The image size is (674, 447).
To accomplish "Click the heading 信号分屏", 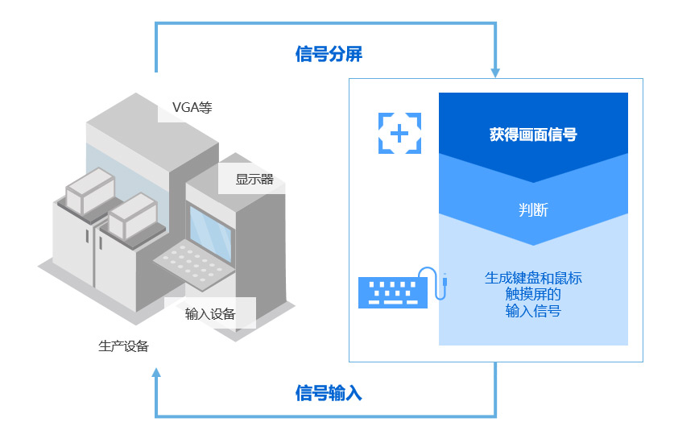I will (x=329, y=55).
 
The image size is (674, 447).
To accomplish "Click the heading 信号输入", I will (x=329, y=394).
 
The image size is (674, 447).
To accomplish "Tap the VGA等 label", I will (x=192, y=107).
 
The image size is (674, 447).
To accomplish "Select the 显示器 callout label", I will (x=254, y=179).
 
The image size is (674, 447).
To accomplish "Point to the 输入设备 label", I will (x=210, y=314).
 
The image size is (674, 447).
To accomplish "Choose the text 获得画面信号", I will (x=532, y=135).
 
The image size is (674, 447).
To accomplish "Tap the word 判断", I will (x=532, y=210).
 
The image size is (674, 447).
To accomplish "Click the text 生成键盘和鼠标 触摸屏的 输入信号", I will (x=532, y=294).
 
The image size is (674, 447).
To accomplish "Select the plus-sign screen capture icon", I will (x=399, y=133).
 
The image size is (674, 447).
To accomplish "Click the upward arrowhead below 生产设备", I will (x=156, y=372).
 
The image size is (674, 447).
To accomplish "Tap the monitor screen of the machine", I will (x=211, y=227).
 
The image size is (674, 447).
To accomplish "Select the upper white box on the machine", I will (x=89, y=191).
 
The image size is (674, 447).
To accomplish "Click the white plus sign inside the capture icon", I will (x=399, y=133).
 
